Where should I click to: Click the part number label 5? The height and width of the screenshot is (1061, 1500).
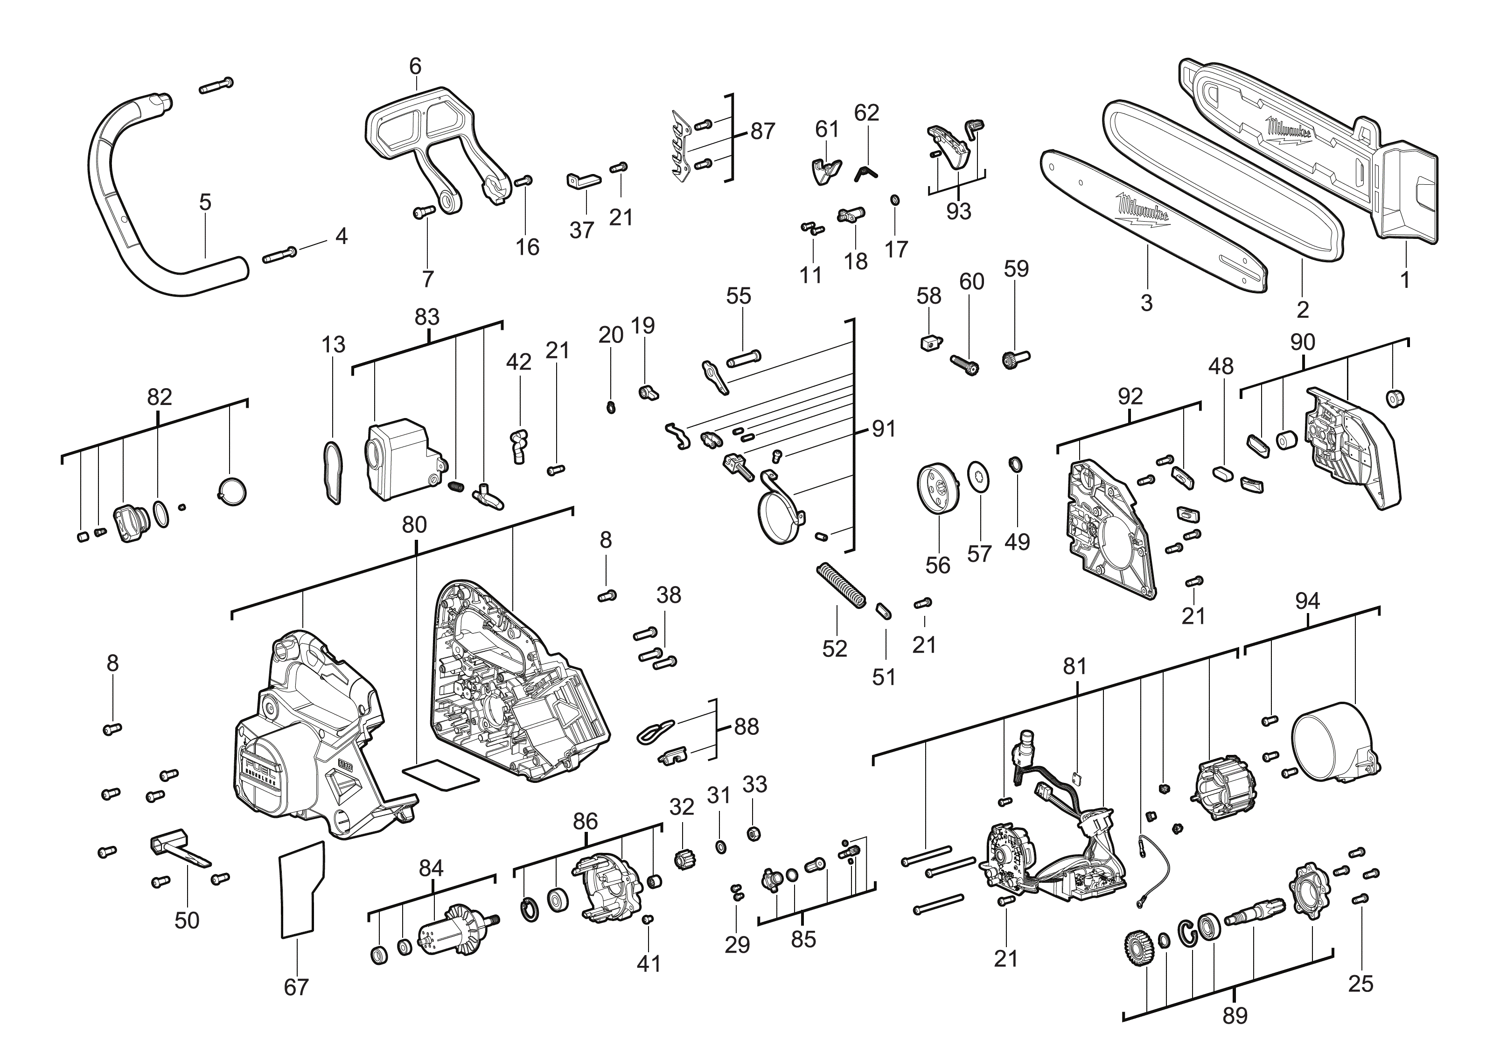[205, 202]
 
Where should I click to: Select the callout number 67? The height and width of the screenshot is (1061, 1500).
[296, 987]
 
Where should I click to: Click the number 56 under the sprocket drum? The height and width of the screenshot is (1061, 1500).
[937, 565]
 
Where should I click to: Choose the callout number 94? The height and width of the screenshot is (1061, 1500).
[1307, 601]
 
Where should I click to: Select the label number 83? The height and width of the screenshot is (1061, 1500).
[427, 317]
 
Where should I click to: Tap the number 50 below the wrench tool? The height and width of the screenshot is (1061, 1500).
[187, 921]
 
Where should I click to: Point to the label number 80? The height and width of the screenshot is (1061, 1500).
[414, 524]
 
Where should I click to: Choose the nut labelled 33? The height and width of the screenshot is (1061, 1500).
[753, 834]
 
